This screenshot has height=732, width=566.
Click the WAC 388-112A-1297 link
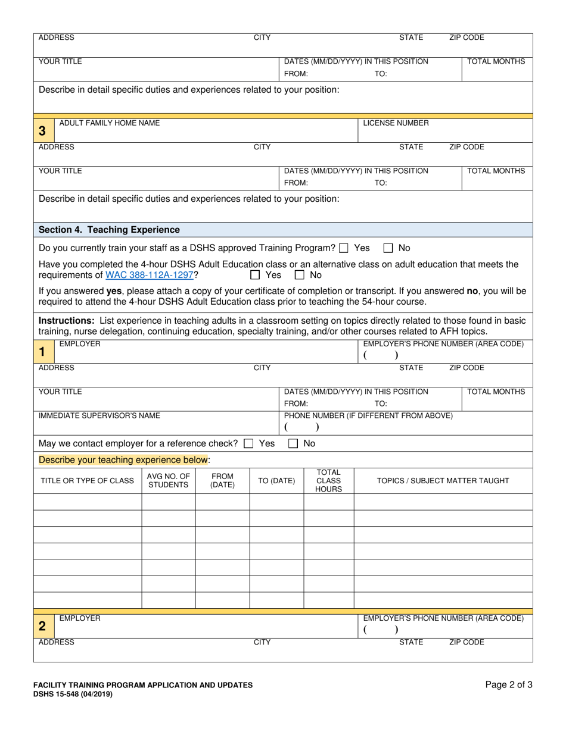149,275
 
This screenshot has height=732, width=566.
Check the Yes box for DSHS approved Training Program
344,248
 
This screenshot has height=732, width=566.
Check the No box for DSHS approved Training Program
388,248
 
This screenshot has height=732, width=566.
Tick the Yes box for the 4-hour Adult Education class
255,275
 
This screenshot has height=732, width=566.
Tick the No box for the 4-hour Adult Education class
300,275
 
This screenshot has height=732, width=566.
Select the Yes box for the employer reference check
249,443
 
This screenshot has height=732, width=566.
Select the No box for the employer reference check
293,443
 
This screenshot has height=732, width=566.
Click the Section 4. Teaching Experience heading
109,230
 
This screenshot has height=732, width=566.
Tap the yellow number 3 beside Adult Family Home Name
42,130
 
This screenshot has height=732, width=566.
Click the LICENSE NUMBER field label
396,123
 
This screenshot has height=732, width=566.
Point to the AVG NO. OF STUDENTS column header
168,480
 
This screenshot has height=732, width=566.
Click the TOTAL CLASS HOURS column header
328,480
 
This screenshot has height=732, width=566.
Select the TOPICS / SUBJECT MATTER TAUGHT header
443,480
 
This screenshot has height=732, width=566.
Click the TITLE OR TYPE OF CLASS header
87,480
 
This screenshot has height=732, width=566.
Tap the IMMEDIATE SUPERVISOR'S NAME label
99,415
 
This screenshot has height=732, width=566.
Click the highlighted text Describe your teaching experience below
123,459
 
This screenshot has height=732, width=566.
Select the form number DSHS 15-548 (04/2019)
72,694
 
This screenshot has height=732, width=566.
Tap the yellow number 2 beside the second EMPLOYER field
42,626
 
